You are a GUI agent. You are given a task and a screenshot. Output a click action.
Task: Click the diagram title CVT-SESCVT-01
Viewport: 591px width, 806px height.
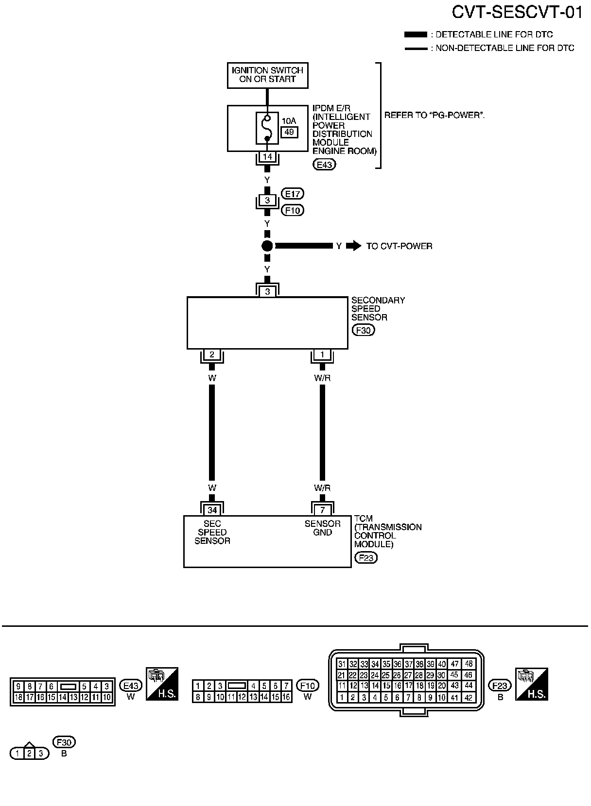pyautogui.click(x=517, y=13)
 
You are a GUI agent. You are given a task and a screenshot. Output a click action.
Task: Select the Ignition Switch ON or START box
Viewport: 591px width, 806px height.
pyautogui.click(x=268, y=75)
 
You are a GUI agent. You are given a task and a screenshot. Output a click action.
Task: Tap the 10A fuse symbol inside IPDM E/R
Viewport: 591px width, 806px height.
pyautogui.click(x=267, y=128)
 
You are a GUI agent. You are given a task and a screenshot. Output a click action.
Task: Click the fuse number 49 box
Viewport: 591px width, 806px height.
pyautogui.click(x=289, y=132)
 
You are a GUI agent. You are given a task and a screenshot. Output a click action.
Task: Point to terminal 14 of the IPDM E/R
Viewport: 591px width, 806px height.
pyautogui.click(x=267, y=157)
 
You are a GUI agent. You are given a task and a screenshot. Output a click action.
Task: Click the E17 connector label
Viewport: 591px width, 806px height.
pyautogui.click(x=293, y=194)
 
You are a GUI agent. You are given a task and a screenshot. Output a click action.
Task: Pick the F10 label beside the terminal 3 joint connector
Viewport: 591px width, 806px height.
pyautogui.click(x=293, y=211)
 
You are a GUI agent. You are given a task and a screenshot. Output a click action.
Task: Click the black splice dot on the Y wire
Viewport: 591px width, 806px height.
pyautogui.click(x=267, y=246)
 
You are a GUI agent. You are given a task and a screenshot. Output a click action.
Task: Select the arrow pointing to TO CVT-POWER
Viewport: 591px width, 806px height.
pyautogui.click(x=354, y=246)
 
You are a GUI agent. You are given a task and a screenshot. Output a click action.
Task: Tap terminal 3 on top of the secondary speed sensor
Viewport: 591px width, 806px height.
pyautogui.click(x=267, y=291)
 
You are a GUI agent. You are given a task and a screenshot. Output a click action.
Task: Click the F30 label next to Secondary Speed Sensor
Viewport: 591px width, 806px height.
pyautogui.click(x=364, y=330)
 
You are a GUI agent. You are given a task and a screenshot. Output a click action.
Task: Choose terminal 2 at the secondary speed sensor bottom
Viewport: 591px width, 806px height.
pyautogui.click(x=212, y=354)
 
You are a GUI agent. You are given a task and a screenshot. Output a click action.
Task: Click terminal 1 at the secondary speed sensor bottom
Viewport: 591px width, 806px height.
pyautogui.click(x=322, y=354)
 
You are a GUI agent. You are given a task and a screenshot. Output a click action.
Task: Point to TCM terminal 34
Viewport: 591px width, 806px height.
pyautogui.click(x=212, y=510)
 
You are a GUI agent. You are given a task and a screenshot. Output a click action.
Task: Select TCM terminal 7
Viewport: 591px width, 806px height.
pyautogui.click(x=323, y=510)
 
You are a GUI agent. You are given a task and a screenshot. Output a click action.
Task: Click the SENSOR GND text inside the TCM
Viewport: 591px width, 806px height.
pyautogui.click(x=322, y=528)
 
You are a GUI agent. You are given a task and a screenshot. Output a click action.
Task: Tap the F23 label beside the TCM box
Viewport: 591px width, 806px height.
pyautogui.click(x=366, y=558)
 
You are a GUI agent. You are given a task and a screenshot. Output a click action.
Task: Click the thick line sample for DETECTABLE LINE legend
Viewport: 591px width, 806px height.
pyautogui.click(x=416, y=34)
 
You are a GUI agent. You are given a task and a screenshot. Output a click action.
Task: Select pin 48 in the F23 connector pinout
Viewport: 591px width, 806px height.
pyautogui.click(x=469, y=664)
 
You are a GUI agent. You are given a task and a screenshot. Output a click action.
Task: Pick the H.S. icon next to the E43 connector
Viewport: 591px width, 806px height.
pyautogui.click(x=162, y=684)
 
